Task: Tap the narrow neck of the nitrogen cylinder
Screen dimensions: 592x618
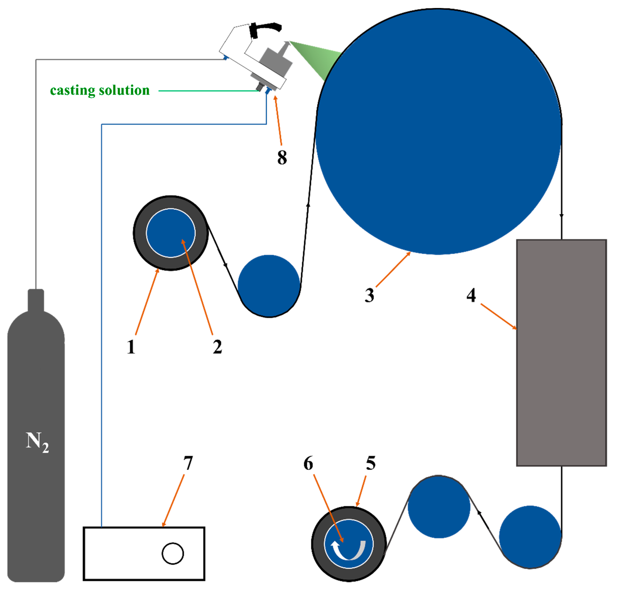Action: click(36, 299)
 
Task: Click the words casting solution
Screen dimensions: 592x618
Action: click(100, 91)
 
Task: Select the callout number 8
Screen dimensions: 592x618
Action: click(282, 157)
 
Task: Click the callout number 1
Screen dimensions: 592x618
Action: click(131, 347)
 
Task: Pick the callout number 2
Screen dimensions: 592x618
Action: click(217, 347)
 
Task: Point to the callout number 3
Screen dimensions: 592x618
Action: click(369, 295)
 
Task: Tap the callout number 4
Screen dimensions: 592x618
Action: click(471, 295)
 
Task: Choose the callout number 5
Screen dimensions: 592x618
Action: click(371, 463)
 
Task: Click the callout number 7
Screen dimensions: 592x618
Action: click(188, 463)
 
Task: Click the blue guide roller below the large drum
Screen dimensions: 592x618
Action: click(269, 286)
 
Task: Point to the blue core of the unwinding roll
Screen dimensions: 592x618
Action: click(171, 233)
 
